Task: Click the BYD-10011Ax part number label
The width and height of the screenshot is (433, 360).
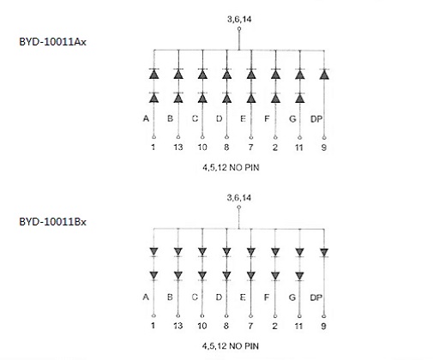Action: tap(52, 42)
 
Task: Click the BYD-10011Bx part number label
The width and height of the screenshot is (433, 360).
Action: tap(52, 222)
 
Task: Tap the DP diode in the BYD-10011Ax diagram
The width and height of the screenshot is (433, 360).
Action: tap(324, 75)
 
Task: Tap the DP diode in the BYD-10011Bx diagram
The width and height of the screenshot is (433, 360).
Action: tap(324, 253)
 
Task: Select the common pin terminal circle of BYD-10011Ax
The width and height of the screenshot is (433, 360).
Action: tap(239, 28)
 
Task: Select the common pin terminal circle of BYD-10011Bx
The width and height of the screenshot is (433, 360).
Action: tap(239, 207)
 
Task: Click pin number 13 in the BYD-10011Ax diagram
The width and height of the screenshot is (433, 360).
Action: tap(178, 147)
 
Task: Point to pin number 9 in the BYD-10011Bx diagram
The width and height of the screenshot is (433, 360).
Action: tap(323, 326)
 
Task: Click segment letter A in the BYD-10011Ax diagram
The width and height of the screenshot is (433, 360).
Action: tap(146, 118)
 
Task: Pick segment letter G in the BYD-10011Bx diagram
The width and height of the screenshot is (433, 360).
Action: tap(292, 297)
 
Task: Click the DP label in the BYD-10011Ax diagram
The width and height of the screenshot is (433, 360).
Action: tap(316, 119)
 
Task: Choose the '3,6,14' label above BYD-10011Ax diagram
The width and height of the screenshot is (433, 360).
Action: tap(239, 19)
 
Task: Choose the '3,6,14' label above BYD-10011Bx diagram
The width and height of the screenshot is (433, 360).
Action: tap(239, 198)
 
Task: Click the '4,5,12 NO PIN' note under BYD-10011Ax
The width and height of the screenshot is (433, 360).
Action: tap(231, 167)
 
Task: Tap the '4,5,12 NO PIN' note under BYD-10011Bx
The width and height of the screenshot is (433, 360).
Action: tap(231, 346)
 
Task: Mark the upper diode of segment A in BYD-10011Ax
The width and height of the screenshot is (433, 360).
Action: tap(153, 74)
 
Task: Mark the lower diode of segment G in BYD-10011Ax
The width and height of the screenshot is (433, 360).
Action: tap(300, 98)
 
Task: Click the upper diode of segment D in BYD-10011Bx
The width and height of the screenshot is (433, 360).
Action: tap(226, 253)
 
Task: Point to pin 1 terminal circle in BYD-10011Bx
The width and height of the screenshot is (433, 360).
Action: tap(153, 315)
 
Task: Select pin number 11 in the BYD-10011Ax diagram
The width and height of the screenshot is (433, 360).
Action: tap(299, 147)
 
